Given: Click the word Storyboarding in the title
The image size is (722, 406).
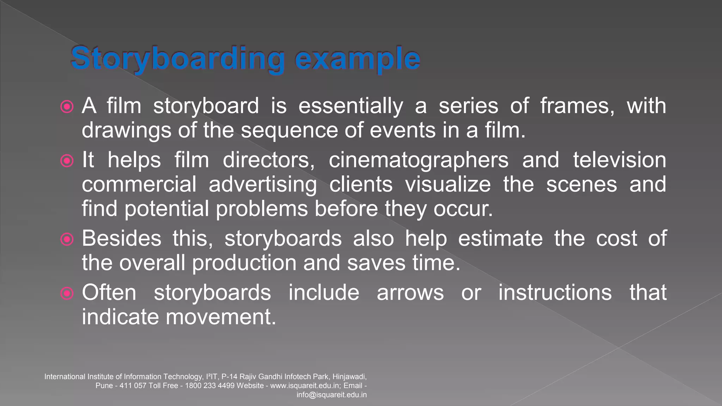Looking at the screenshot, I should [178, 59].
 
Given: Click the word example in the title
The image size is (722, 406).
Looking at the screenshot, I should [357, 59].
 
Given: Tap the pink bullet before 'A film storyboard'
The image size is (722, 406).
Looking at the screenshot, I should [67, 106].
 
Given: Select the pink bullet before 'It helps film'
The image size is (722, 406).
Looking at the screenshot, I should [67, 161].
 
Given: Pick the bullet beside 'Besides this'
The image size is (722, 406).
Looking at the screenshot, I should [67, 240].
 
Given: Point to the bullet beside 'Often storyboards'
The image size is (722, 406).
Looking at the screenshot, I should [67, 293].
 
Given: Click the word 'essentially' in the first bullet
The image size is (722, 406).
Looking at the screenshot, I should [350, 106].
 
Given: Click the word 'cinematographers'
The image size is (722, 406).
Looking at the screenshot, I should [418, 160].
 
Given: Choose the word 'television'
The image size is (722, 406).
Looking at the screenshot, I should [619, 160].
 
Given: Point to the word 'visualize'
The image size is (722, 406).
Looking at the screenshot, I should [448, 185].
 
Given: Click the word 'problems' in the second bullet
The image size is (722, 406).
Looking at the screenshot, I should [262, 209].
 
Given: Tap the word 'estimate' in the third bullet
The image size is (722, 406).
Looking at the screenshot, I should [500, 239].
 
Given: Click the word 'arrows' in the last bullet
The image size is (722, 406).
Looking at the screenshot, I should [410, 293].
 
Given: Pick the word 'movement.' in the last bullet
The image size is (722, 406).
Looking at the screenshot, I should [221, 317].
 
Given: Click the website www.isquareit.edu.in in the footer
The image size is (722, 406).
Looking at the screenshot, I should [305, 386].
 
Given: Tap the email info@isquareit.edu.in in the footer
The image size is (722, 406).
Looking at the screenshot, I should [331, 395].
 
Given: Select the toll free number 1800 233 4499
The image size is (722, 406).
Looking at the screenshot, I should [209, 386].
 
